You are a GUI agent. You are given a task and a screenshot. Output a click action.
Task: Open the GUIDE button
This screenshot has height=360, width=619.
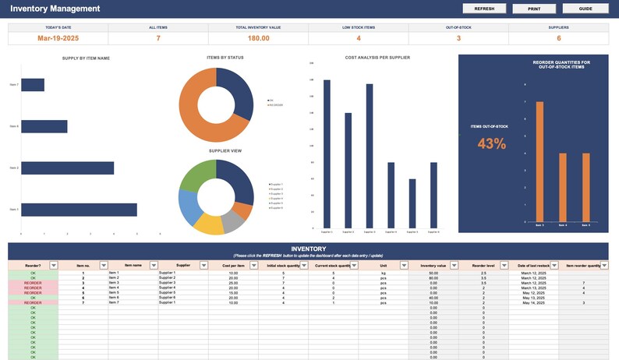pyautogui.click(x=585, y=9)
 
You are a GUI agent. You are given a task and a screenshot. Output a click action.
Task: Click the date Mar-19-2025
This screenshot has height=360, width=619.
pyautogui.click(x=58, y=37)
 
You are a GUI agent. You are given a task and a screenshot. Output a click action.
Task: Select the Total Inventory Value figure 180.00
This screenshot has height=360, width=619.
pyautogui.click(x=258, y=37)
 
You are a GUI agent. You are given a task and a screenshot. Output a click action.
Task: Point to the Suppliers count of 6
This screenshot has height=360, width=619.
pyautogui.click(x=558, y=37)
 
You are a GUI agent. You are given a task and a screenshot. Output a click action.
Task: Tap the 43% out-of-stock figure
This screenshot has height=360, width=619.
pyautogui.click(x=491, y=143)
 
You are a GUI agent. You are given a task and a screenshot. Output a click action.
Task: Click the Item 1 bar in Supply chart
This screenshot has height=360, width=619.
pyautogui.click(x=78, y=210)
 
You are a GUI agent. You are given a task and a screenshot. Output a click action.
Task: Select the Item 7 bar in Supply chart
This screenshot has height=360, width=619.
pyautogui.click(x=32, y=85)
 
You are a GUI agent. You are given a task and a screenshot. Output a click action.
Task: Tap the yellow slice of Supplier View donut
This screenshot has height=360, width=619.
pyautogui.click(x=208, y=224)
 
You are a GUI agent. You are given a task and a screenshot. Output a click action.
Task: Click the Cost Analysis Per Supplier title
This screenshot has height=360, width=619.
pyautogui.click(x=377, y=58)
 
